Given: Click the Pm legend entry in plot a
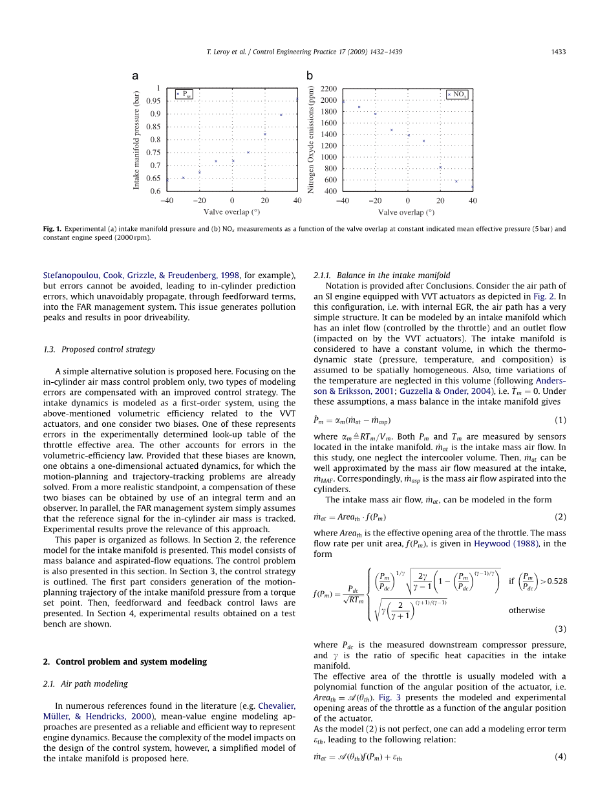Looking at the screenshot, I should (x=184, y=94).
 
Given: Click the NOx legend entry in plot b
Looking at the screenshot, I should (x=456, y=94).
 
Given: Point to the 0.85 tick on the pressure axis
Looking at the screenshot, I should (x=153, y=127).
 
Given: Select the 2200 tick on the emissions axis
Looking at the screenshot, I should (x=328, y=89).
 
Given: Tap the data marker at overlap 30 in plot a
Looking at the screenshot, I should (x=281, y=114).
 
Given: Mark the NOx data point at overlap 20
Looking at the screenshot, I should (x=440, y=167).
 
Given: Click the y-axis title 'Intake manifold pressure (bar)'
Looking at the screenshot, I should (x=136, y=140).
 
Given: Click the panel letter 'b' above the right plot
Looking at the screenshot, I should (x=310, y=76).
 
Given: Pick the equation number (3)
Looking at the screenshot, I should (x=561, y=629).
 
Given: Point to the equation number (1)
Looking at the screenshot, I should (x=561, y=420).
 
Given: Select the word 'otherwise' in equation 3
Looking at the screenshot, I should (x=526, y=610).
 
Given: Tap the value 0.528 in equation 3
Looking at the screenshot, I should (x=556, y=580).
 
